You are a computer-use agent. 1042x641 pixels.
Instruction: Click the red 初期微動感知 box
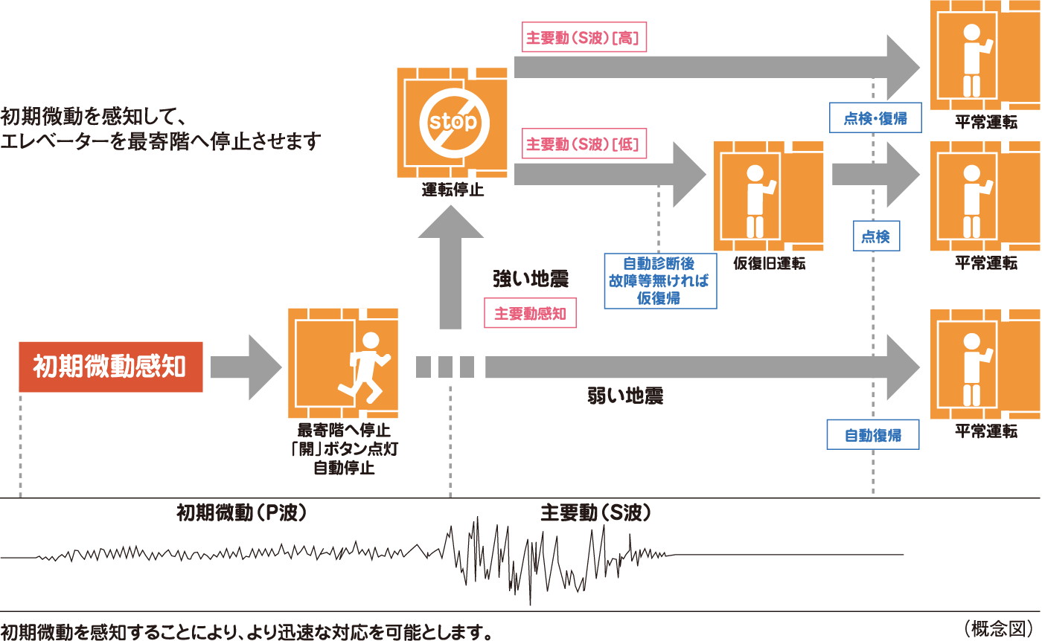(x=110, y=367)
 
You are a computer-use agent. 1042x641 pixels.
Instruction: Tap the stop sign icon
(x=453, y=122)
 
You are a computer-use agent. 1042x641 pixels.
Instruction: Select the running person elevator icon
(x=343, y=364)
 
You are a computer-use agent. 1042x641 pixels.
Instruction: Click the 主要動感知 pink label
(x=530, y=314)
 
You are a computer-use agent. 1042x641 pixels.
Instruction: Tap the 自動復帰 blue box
(x=873, y=435)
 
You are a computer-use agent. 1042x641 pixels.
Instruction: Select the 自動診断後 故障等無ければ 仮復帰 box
(x=662, y=281)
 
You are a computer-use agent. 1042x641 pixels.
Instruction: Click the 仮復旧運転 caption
(x=769, y=264)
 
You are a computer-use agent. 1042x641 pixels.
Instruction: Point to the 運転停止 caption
(x=453, y=190)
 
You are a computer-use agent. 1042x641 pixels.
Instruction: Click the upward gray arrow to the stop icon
(x=453, y=268)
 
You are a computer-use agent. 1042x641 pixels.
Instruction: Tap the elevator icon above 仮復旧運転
(x=769, y=196)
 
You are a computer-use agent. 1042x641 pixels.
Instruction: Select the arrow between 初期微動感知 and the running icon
(x=246, y=367)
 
